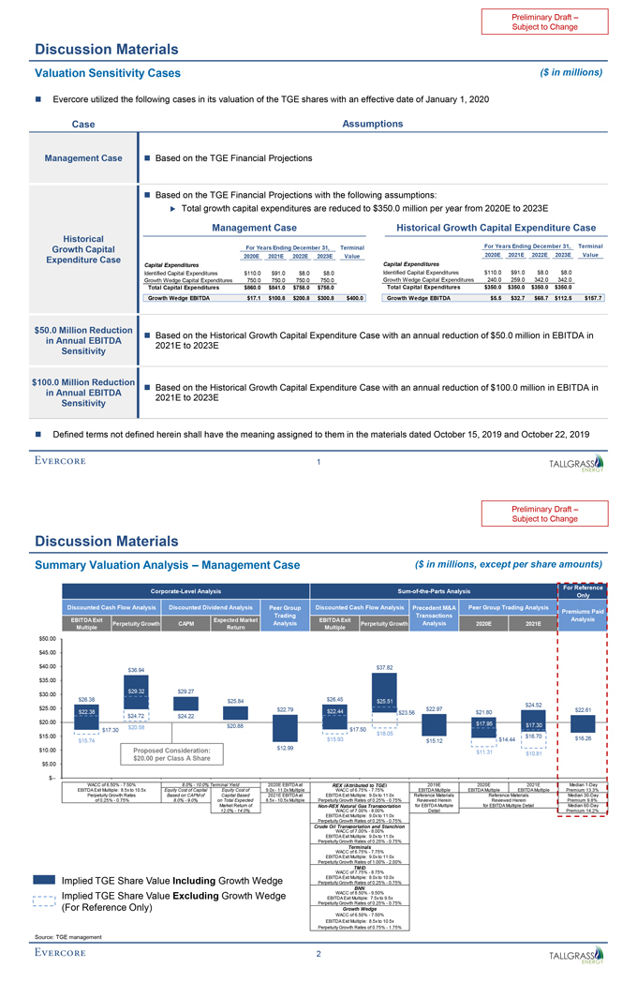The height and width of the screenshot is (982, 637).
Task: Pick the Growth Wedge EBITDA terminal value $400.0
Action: [x=352, y=298]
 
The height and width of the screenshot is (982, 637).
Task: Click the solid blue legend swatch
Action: [x=43, y=881]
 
